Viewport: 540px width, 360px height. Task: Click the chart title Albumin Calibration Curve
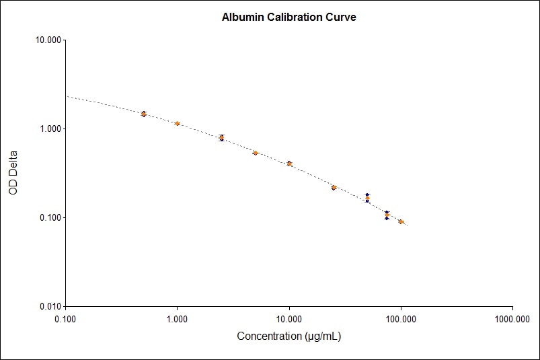coord(288,17)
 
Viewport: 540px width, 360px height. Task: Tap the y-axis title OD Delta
coord(13,173)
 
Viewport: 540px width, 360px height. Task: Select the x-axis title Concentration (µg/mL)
coord(288,336)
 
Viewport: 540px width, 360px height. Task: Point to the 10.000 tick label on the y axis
coord(48,40)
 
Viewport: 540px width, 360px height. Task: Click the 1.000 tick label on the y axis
coord(50,129)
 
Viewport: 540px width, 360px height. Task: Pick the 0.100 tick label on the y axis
coord(50,218)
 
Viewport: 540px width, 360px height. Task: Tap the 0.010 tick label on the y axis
coord(50,307)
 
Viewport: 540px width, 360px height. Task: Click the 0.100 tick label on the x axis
coord(65,319)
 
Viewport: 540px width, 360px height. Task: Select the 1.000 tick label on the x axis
coord(177,319)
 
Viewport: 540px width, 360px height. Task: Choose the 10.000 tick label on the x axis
coord(289,319)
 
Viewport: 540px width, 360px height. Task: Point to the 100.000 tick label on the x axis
coord(401,319)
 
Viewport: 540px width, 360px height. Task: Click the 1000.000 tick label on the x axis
coord(512,319)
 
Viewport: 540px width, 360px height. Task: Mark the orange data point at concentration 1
coord(177,124)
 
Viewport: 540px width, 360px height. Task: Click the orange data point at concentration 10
coord(289,164)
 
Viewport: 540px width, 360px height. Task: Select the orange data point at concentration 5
coord(256,153)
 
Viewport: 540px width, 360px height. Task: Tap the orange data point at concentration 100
coord(401,221)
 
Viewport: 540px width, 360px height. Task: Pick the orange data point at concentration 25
coord(334,188)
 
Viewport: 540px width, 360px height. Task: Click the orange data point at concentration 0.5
coord(143,114)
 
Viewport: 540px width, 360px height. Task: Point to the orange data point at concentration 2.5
coord(222,137)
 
